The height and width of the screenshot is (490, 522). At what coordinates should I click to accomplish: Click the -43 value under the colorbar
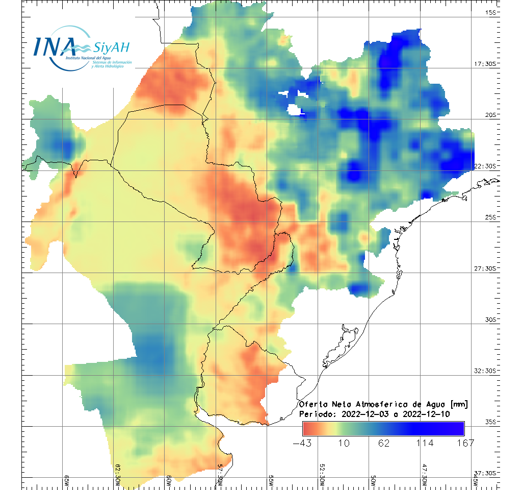coord(303,443)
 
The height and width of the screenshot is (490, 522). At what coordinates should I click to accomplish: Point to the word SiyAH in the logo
coord(112,48)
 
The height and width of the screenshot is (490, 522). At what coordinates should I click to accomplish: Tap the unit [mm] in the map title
coord(457,405)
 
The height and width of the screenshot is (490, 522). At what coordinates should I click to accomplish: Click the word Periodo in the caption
coord(316,414)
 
